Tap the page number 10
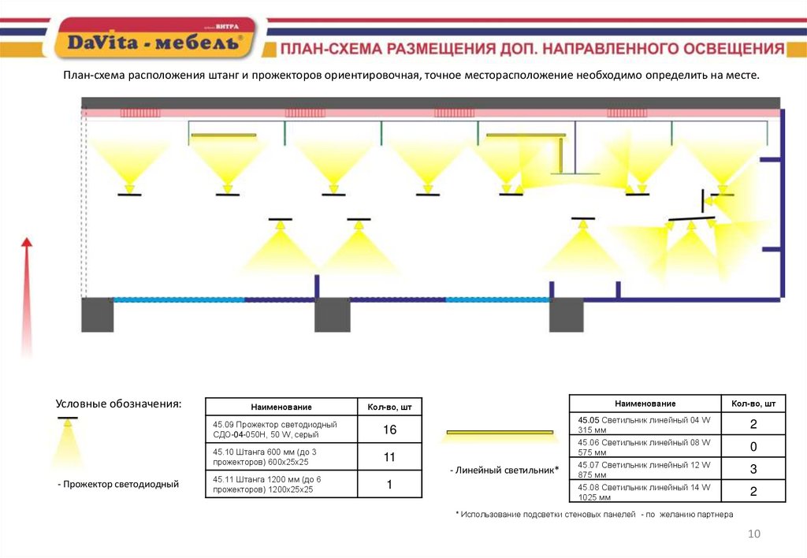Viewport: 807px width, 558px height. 753,535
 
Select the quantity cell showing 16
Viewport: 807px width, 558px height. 389,430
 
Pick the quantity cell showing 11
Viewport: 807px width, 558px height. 389,458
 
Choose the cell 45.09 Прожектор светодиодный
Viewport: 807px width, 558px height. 280,430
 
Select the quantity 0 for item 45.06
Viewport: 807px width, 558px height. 753,447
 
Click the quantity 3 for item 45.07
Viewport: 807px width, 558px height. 753,470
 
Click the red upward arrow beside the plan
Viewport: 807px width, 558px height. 27,292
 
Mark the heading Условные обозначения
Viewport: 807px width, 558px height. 118,404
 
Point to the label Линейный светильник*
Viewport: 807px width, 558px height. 504,471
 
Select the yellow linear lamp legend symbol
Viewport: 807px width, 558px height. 500,433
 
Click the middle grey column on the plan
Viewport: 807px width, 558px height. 332,314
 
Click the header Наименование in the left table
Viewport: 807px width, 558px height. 281,407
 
